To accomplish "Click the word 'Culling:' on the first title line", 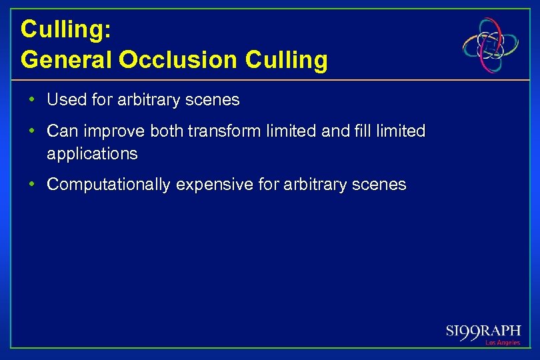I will tap(59, 29).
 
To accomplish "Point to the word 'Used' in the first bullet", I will tap(63, 100).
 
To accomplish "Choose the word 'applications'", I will tap(92, 154).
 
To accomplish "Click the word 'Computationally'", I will tap(108, 185).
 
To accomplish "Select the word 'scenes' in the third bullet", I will tap(381, 185).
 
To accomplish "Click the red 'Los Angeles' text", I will tap(503, 343).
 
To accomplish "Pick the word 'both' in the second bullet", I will tap(167, 131).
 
